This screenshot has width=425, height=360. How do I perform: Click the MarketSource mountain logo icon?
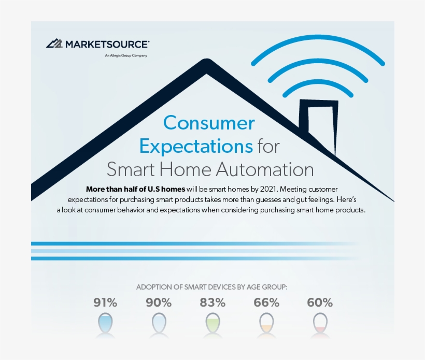(54, 44)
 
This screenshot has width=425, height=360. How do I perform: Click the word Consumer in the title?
(209, 123)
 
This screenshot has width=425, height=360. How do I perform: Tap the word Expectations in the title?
(196, 146)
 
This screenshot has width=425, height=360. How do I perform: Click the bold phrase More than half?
(114, 189)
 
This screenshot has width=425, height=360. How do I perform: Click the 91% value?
(105, 303)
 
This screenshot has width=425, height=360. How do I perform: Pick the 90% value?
(159, 303)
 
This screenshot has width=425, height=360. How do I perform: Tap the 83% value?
(212, 303)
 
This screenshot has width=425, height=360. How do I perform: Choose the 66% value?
(266, 303)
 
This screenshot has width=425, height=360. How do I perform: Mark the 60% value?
(320, 303)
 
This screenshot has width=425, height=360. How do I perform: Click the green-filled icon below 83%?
(212, 323)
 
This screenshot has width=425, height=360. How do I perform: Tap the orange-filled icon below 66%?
(266, 323)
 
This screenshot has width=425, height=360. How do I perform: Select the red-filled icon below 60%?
(320, 323)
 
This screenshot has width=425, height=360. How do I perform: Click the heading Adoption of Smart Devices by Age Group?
(211, 287)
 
